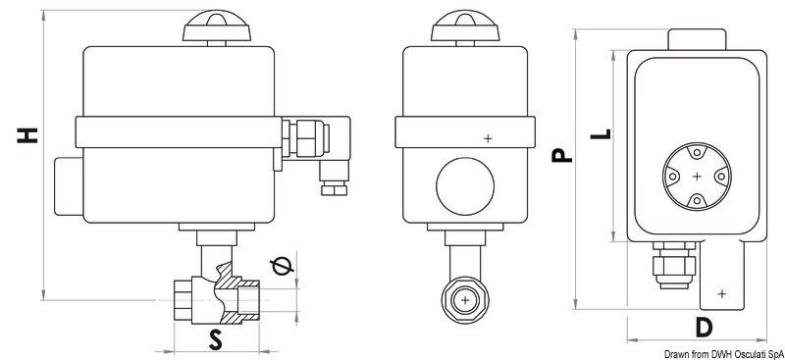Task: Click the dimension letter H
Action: click(x=27, y=135)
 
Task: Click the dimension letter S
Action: click(x=215, y=340)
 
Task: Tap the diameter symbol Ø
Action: click(x=282, y=267)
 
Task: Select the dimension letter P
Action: click(x=561, y=154)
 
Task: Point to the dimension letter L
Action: click(x=601, y=133)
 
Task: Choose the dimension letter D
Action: click(x=704, y=328)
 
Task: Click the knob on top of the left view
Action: click(x=215, y=27)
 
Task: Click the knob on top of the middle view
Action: click(x=465, y=27)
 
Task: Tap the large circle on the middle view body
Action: click(x=465, y=185)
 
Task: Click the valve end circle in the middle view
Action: click(x=465, y=300)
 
